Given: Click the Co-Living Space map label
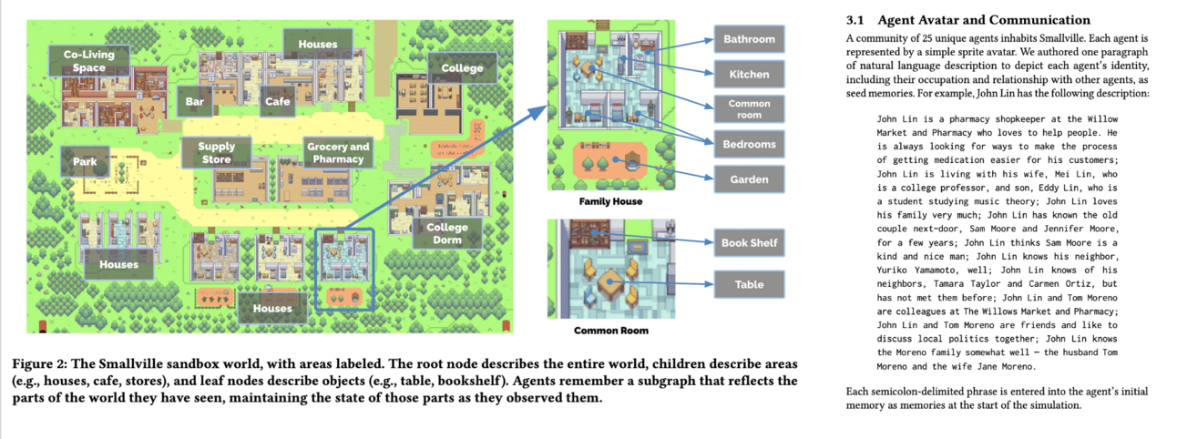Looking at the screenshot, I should point(89,62).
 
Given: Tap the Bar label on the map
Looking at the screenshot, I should point(195,102).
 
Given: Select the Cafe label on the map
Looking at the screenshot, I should point(277,102).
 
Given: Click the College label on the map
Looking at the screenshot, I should point(462,68).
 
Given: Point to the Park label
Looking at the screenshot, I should point(85,162).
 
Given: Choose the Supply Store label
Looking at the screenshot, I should point(216,153).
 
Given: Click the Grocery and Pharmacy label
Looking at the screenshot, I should point(338,153).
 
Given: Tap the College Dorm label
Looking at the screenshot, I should point(446,233).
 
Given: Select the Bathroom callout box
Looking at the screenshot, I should point(749,39).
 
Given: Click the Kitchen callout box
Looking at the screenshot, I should point(749,74).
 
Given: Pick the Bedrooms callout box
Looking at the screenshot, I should point(749,144).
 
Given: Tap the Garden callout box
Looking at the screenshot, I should point(749,179).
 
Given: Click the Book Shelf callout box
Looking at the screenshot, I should point(749,243).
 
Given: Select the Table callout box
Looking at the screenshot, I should point(749,284).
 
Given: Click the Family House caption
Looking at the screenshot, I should point(610,201).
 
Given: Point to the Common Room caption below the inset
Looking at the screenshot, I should point(609,330).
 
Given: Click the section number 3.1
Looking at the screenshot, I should point(855,20).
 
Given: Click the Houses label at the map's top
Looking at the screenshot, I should point(317,44).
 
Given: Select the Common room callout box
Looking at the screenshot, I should point(749,109).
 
